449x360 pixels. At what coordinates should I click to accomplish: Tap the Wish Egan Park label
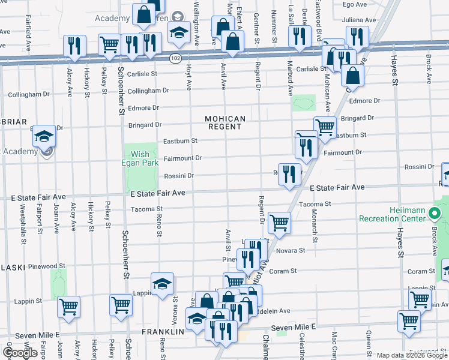(x=140, y=158)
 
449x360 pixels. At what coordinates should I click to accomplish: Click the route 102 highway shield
(x=175, y=58)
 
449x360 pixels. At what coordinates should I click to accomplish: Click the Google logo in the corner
(x=20, y=353)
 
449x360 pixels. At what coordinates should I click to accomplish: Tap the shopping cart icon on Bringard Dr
(x=325, y=127)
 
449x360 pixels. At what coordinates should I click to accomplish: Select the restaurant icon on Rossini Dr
(x=290, y=173)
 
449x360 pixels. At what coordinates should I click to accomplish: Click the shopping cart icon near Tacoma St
(x=279, y=222)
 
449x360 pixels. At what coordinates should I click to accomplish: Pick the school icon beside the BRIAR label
(x=44, y=136)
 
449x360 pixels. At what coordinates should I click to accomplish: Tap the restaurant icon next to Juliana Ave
(x=357, y=37)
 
